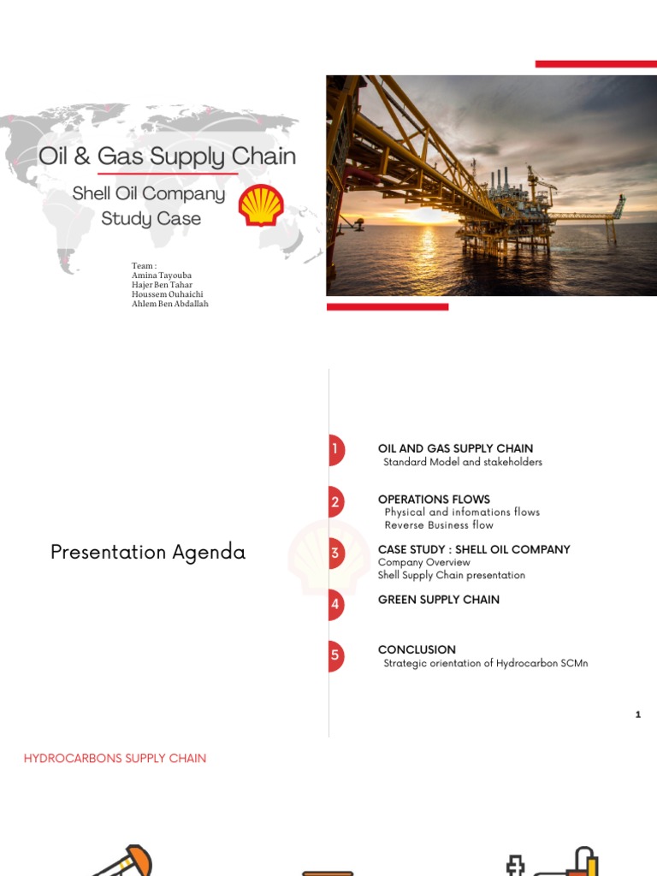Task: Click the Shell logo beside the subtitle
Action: click(x=261, y=205)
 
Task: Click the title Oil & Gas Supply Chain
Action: click(x=168, y=157)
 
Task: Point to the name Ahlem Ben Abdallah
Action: click(x=169, y=304)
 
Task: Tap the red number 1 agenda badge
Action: click(x=335, y=449)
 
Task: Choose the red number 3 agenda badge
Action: click(x=335, y=553)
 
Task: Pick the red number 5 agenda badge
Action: click(x=335, y=655)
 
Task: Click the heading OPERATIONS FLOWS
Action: click(x=434, y=499)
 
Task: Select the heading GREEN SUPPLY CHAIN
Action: click(x=439, y=600)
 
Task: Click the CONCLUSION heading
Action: click(x=417, y=649)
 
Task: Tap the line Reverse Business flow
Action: click(x=439, y=525)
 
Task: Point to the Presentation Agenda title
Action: click(x=148, y=553)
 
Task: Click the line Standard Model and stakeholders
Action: click(x=463, y=462)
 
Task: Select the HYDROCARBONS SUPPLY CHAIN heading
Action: click(x=115, y=758)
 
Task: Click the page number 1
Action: click(x=638, y=714)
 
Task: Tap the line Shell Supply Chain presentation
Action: click(x=452, y=575)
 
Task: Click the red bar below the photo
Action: click(x=388, y=306)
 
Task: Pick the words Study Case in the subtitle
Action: click(x=151, y=219)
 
